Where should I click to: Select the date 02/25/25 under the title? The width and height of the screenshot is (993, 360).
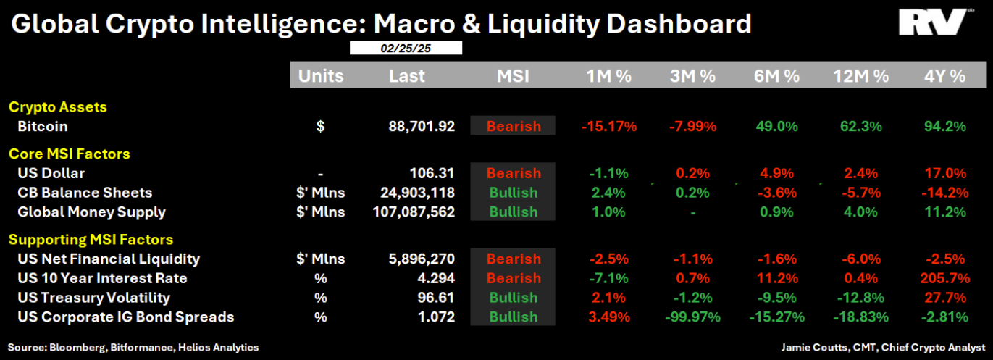(406, 49)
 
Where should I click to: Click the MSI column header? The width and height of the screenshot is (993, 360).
(513, 76)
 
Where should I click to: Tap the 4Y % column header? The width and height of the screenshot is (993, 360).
(945, 76)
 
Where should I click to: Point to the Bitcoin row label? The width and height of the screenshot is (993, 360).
(43, 126)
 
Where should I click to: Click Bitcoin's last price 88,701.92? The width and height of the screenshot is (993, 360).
(422, 126)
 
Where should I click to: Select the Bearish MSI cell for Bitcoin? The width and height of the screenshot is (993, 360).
(513, 126)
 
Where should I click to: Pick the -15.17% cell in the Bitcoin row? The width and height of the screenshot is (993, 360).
(608, 126)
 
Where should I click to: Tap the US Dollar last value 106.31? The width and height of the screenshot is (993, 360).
(432, 173)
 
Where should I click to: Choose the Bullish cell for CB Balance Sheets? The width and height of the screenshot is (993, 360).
(513, 193)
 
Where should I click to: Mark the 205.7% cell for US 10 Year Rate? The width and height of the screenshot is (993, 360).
(945, 278)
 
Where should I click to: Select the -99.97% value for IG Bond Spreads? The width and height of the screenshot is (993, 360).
(692, 317)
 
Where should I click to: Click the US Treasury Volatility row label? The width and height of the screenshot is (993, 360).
(94, 298)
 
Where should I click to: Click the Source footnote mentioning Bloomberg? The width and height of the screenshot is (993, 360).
(133, 348)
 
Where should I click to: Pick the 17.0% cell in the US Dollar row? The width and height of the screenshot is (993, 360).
(945, 173)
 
